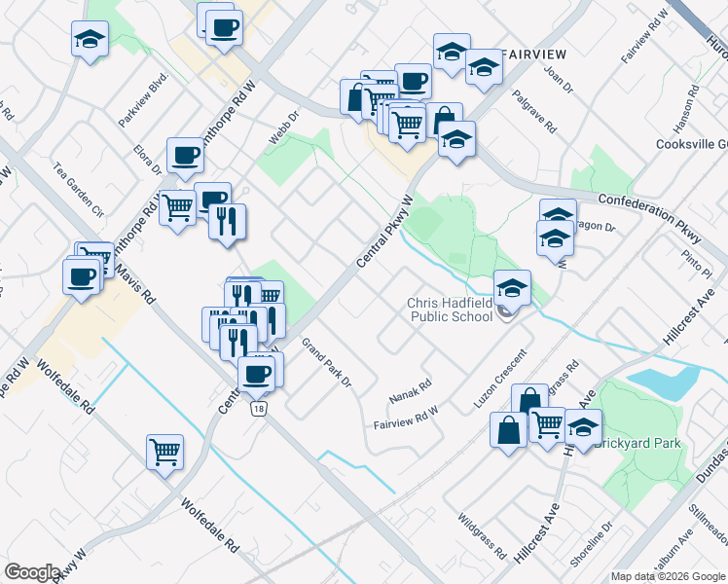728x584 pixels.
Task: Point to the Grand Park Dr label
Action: (x=325, y=361)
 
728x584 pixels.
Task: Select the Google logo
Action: (x=32, y=571)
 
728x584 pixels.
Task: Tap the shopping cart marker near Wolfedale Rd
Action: (x=164, y=451)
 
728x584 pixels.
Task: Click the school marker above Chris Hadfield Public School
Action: (x=512, y=287)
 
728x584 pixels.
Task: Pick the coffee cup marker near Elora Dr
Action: (x=185, y=155)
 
